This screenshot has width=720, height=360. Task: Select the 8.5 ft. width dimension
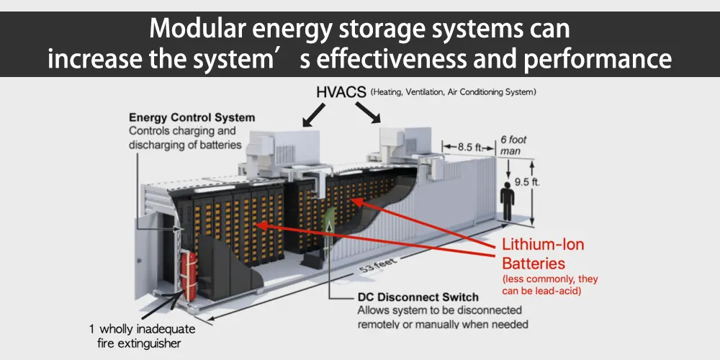(467, 147)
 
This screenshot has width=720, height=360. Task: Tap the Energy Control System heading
(192, 117)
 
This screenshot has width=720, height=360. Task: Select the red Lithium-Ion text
(543, 245)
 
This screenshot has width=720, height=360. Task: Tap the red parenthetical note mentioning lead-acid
(549, 284)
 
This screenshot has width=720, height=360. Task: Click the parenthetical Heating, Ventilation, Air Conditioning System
(453, 92)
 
